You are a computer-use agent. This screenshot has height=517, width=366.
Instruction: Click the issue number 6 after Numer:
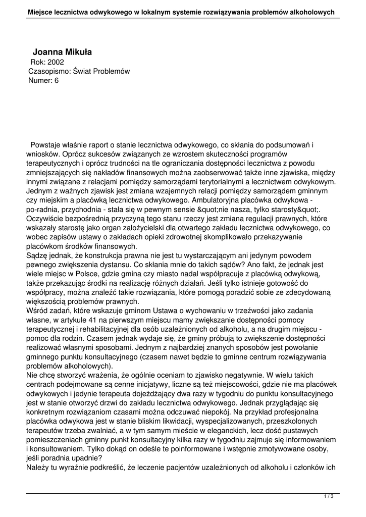(x=57, y=80)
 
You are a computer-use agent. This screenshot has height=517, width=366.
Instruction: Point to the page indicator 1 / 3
(x=329, y=497)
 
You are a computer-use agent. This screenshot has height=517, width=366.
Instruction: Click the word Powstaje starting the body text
(x=46, y=145)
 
